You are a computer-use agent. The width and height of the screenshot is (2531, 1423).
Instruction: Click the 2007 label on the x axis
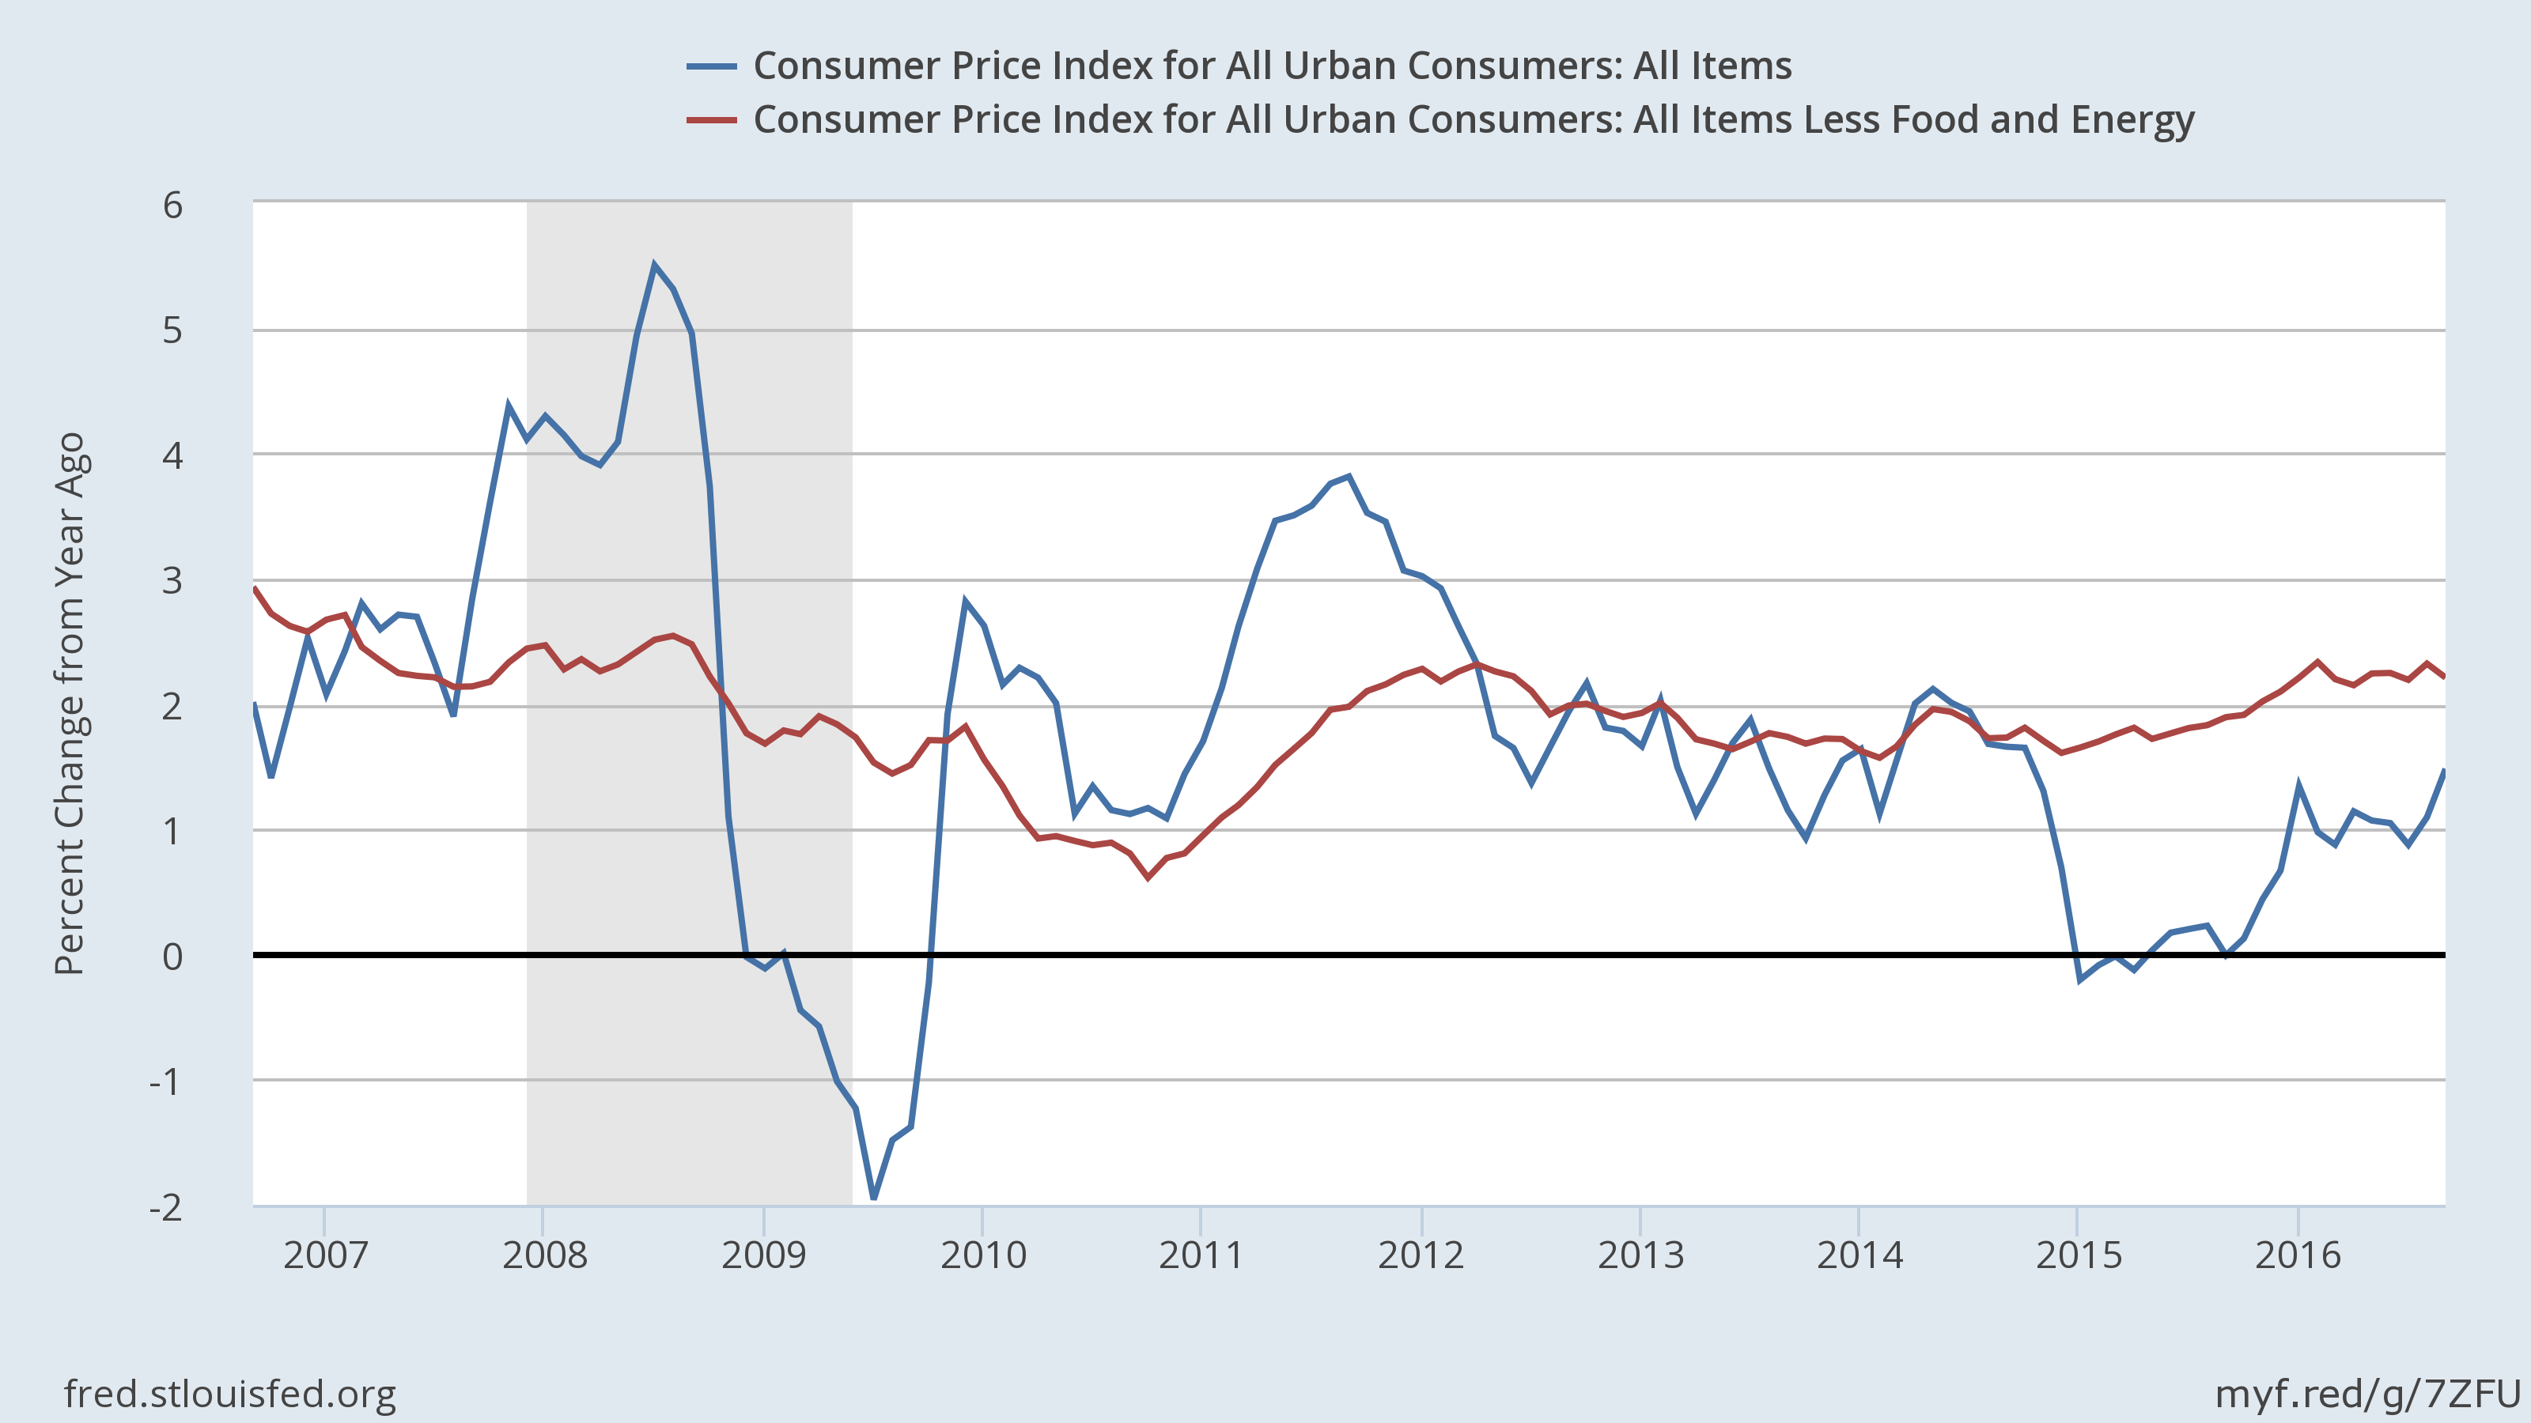(x=325, y=1255)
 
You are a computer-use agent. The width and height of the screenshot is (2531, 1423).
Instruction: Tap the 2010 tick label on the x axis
(x=982, y=1255)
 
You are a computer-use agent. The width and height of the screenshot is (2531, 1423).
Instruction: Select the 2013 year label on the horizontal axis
(x=1640, y=1255)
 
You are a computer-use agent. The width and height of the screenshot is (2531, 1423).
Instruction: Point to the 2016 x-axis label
(x=2297, y=1255)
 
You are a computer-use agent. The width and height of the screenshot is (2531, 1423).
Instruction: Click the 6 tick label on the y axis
(x=173, y=206)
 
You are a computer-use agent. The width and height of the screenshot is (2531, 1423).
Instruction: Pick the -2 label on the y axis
(x=166, y=1207)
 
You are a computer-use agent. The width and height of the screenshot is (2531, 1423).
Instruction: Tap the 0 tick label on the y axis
(x=173, y=956)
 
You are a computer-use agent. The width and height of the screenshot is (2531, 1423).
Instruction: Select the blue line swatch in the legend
(x=711, y=66)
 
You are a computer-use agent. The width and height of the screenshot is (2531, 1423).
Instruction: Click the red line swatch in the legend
(x=711, y=120)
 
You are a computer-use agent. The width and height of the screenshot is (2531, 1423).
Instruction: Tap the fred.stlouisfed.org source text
(x=230, y=1394)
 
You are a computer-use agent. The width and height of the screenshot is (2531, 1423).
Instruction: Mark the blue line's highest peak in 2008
(x=654, y=265)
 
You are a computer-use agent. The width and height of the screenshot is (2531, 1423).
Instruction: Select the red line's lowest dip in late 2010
(x=1148, y=877)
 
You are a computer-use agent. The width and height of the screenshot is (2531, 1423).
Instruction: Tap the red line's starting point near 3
(x=255, y=588)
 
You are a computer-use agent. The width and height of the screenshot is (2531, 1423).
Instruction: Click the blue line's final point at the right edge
(x=2443, y=771)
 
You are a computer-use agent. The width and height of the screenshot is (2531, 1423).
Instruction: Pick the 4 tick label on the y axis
(x=173, y=455)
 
